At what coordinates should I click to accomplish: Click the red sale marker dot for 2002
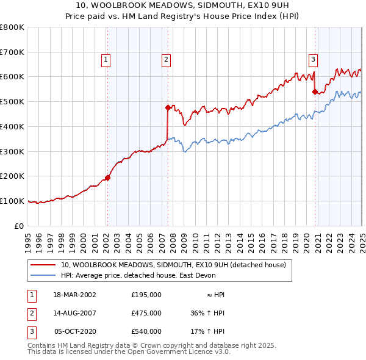pos(107,178)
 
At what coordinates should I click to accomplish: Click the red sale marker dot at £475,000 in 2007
pos(167,107)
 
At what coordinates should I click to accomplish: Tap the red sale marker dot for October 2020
pos(315,92)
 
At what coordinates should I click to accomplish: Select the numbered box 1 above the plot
pos(106,59)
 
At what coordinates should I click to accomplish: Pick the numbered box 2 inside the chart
pos(166,59)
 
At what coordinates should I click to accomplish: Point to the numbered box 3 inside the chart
pos(313,59)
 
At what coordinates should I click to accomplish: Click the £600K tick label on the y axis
pos(12,77)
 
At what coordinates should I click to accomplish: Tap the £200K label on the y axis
pos(12,176)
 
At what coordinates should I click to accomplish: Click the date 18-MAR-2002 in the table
pos(74,295)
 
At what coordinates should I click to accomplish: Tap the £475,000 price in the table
pos(146,313)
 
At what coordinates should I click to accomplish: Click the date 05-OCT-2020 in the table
pos(75,331)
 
